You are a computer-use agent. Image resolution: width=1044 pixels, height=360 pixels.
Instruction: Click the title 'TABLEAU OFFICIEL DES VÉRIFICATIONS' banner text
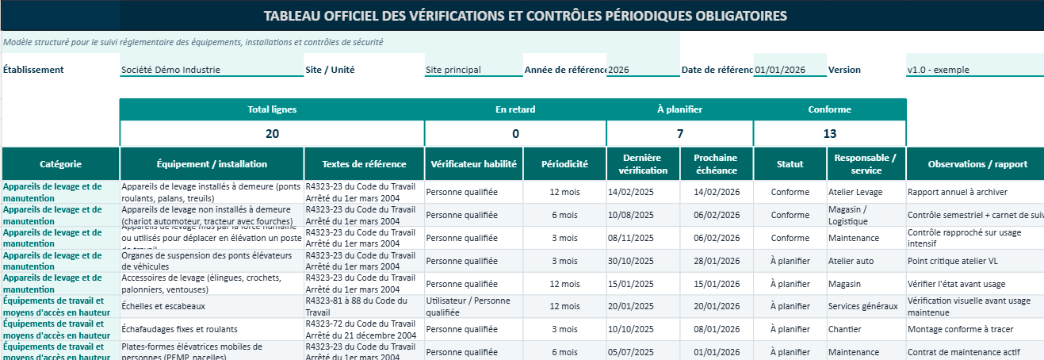[526, 16]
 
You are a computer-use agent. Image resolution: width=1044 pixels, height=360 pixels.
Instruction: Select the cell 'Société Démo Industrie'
[170, 70]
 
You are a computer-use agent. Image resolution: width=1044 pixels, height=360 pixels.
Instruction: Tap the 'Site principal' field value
[453, 70]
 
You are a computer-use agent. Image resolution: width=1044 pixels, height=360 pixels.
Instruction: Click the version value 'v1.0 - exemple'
[939, 70]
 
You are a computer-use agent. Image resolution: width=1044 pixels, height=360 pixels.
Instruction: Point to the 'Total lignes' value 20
[272, 134]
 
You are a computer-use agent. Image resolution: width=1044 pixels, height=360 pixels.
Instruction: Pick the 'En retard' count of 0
[515, 134]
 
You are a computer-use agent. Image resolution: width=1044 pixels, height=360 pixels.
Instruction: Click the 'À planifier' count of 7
[679, 134]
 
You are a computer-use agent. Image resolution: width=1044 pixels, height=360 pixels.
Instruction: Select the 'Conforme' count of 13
[829, 134]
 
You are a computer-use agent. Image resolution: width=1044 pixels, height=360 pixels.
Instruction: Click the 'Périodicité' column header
[564, 164]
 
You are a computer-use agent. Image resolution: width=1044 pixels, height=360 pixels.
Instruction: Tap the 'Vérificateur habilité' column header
[473, 164]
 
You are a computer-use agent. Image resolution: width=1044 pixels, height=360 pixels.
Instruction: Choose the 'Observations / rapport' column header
[974, 164]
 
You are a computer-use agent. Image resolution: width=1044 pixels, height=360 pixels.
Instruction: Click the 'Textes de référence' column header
[364, 164]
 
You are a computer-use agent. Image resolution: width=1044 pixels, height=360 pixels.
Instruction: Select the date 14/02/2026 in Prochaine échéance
[716, 192]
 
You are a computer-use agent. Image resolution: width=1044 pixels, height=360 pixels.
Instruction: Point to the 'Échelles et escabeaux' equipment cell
[163, 307]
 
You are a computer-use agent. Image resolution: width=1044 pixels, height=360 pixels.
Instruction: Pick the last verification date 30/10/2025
[630, 261]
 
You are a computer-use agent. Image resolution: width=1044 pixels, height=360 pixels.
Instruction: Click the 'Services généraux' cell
[862, 307]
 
